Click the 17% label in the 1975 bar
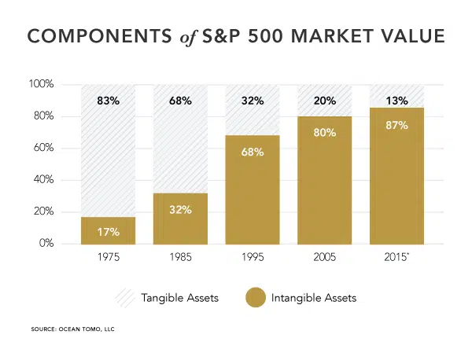109,232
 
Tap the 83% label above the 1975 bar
109,101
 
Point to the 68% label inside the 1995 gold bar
253,150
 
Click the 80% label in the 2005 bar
325,132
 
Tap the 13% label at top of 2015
397,101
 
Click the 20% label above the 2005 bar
325,101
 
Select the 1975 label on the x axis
109,258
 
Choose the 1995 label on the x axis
253,258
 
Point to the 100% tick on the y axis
41,84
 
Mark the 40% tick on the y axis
43,180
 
